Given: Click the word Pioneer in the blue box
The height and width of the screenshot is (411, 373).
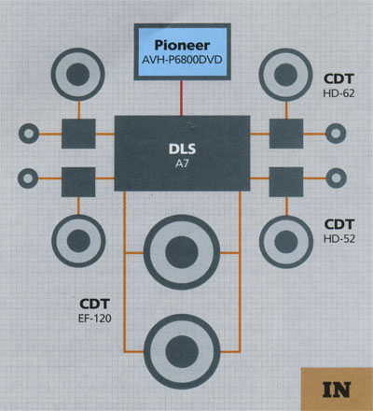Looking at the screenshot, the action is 182,46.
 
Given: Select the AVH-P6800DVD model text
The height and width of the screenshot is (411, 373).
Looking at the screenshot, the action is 182,60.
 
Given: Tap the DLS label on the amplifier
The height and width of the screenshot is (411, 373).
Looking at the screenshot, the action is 182,149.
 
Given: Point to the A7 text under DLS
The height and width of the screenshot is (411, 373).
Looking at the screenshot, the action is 182,163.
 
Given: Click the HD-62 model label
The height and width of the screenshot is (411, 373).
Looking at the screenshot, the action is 338,93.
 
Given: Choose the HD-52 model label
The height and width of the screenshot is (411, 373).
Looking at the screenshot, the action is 339,239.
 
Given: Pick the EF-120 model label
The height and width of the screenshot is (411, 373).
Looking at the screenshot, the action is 95,319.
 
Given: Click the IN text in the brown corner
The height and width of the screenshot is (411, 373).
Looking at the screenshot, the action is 337,390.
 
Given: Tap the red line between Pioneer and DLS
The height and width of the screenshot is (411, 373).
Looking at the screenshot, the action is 181,98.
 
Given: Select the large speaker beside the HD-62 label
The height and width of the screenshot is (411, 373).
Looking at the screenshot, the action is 285,75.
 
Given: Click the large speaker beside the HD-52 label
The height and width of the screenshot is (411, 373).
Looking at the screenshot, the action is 286,242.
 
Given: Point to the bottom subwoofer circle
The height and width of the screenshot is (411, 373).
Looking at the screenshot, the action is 182,351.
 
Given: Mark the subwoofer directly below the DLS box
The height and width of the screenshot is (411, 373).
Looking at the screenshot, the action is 182,252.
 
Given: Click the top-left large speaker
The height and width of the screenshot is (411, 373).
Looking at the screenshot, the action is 78,75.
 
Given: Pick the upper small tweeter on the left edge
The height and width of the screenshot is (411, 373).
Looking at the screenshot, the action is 29,134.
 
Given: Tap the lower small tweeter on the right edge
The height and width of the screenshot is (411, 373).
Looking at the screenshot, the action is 336,178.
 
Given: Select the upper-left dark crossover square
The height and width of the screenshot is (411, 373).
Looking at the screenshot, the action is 78,134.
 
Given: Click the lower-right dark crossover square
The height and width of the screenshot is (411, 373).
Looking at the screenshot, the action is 286,182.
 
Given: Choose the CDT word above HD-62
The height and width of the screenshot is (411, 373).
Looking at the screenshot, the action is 338,78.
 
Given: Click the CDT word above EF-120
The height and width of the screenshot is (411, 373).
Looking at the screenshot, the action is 95,304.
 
